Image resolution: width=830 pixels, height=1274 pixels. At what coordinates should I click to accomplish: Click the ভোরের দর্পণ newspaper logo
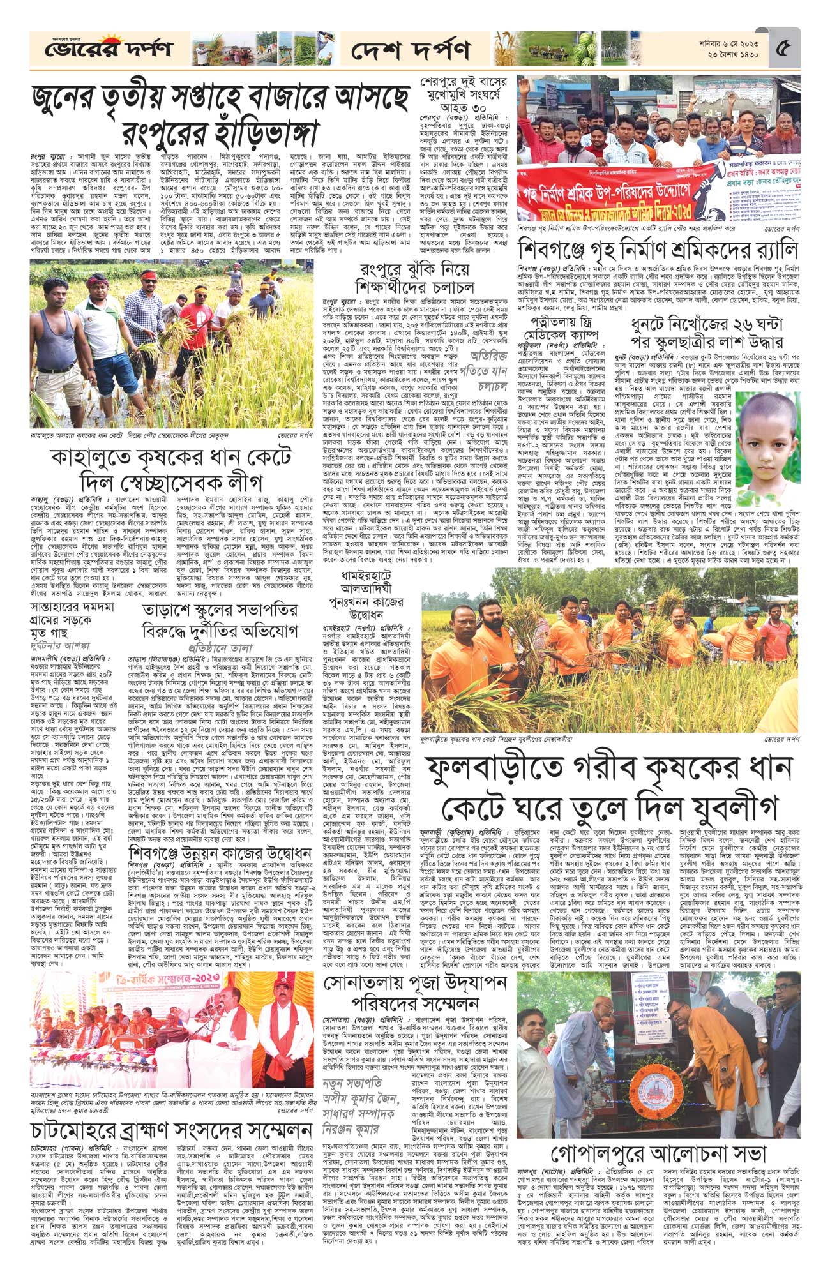click(99, 49)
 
